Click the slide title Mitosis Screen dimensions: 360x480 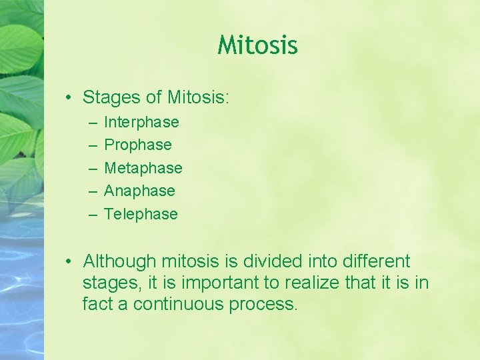pyautogui.click(x=257, y=45)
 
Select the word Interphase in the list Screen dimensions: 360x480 pyautogui.click(x=141, y=122)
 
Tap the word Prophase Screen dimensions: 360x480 pyautogui.click(x=138, y=145)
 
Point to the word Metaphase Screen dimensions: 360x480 pyautogui.click(x=143, y=168)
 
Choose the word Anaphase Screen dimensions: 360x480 pyautogui.click(x=139, y=191)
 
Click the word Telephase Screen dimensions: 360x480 pyautogui.click(x=141, y=214)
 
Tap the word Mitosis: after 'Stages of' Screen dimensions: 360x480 pyautogui.click(x=198, y=97)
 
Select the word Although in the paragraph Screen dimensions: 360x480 pyautogui.click(x=119, y=261)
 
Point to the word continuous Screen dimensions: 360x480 pyautogui.click(x=179, y=305)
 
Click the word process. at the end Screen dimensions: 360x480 pyautogui.click(x=264, y=305)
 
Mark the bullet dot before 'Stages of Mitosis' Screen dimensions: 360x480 pyautogui.click(x=69, y=98)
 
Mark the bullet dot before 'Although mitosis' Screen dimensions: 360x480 pyautogui.click(x=69, y=262)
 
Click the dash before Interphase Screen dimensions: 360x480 pyautogui.click(x=91, y=123)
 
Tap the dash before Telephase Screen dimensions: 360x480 pyautogui.click(x=91, y=215)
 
